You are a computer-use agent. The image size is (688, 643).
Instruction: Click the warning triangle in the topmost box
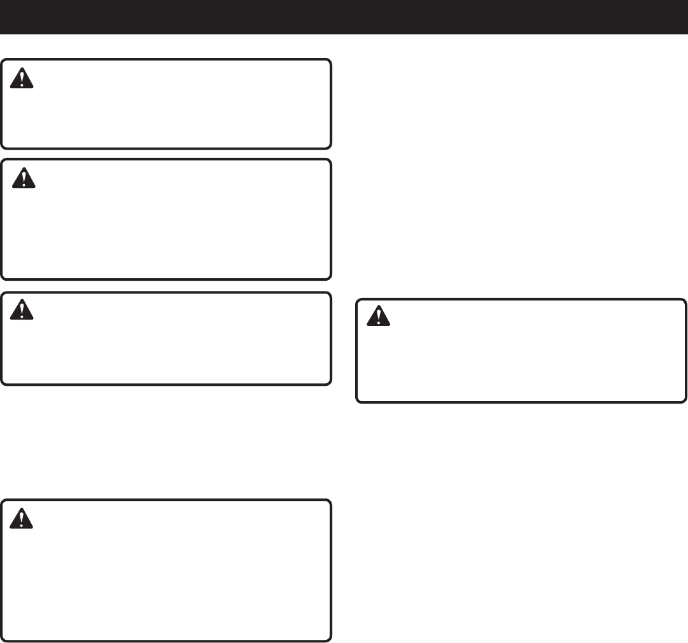pyautogui.click(x=22, y=78)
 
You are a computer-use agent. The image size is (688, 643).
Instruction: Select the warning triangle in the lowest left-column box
pyautogui.click(x=22, y=519)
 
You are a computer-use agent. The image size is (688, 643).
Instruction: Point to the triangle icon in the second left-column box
pyautogui.click(x=24, y=178)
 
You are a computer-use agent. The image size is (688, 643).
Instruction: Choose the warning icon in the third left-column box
pyautogui.click(x=22, y=310)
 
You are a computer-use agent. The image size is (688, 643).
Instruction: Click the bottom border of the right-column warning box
pyautogui.click(x=521, y=402)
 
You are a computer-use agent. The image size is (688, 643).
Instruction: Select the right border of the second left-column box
pyautogui.click(x=330, y=219)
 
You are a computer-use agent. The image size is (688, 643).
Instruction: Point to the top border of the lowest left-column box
pyautogui.click(x=165, y=501)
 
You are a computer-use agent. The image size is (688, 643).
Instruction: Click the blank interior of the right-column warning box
pyautogui.click(x=521, y=363)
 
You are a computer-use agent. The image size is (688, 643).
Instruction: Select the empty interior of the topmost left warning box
pyautogui.click(x=172, y=111)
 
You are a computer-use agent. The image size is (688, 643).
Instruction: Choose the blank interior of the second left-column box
pyautogui.click(x=172, y=229)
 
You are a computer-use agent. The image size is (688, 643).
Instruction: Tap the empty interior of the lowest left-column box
pyautogui.click(x=172, y=579)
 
